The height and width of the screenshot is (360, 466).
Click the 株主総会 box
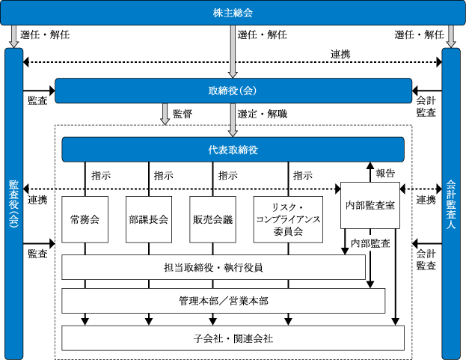(233, 13)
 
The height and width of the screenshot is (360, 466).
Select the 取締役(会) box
(233, 91)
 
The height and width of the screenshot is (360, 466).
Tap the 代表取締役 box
(233, 150)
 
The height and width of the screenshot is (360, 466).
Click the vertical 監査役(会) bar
(14, 204)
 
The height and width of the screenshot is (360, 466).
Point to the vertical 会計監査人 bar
(451, 204)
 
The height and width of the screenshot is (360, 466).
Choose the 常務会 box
(85, 219)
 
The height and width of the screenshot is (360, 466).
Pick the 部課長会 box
(149, 219)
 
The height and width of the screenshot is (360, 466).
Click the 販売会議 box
(212, 219)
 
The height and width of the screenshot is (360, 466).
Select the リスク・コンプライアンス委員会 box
(288, 219)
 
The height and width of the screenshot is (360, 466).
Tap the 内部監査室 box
(370, 205)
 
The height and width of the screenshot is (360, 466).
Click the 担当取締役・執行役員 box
(213, 267)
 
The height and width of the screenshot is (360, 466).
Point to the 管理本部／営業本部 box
(224, 301)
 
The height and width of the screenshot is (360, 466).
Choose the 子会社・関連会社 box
(233, 338)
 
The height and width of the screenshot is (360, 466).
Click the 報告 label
(385, 173)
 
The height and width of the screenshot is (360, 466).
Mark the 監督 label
(183, 114)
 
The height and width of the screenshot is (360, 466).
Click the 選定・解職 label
(262, 114)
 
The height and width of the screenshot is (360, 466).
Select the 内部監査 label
(370, 243)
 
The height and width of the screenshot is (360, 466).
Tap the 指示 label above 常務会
(101, 175)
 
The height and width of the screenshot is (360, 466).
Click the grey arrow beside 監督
(165, 115)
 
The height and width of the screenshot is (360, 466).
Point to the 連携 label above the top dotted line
(340, 55)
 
